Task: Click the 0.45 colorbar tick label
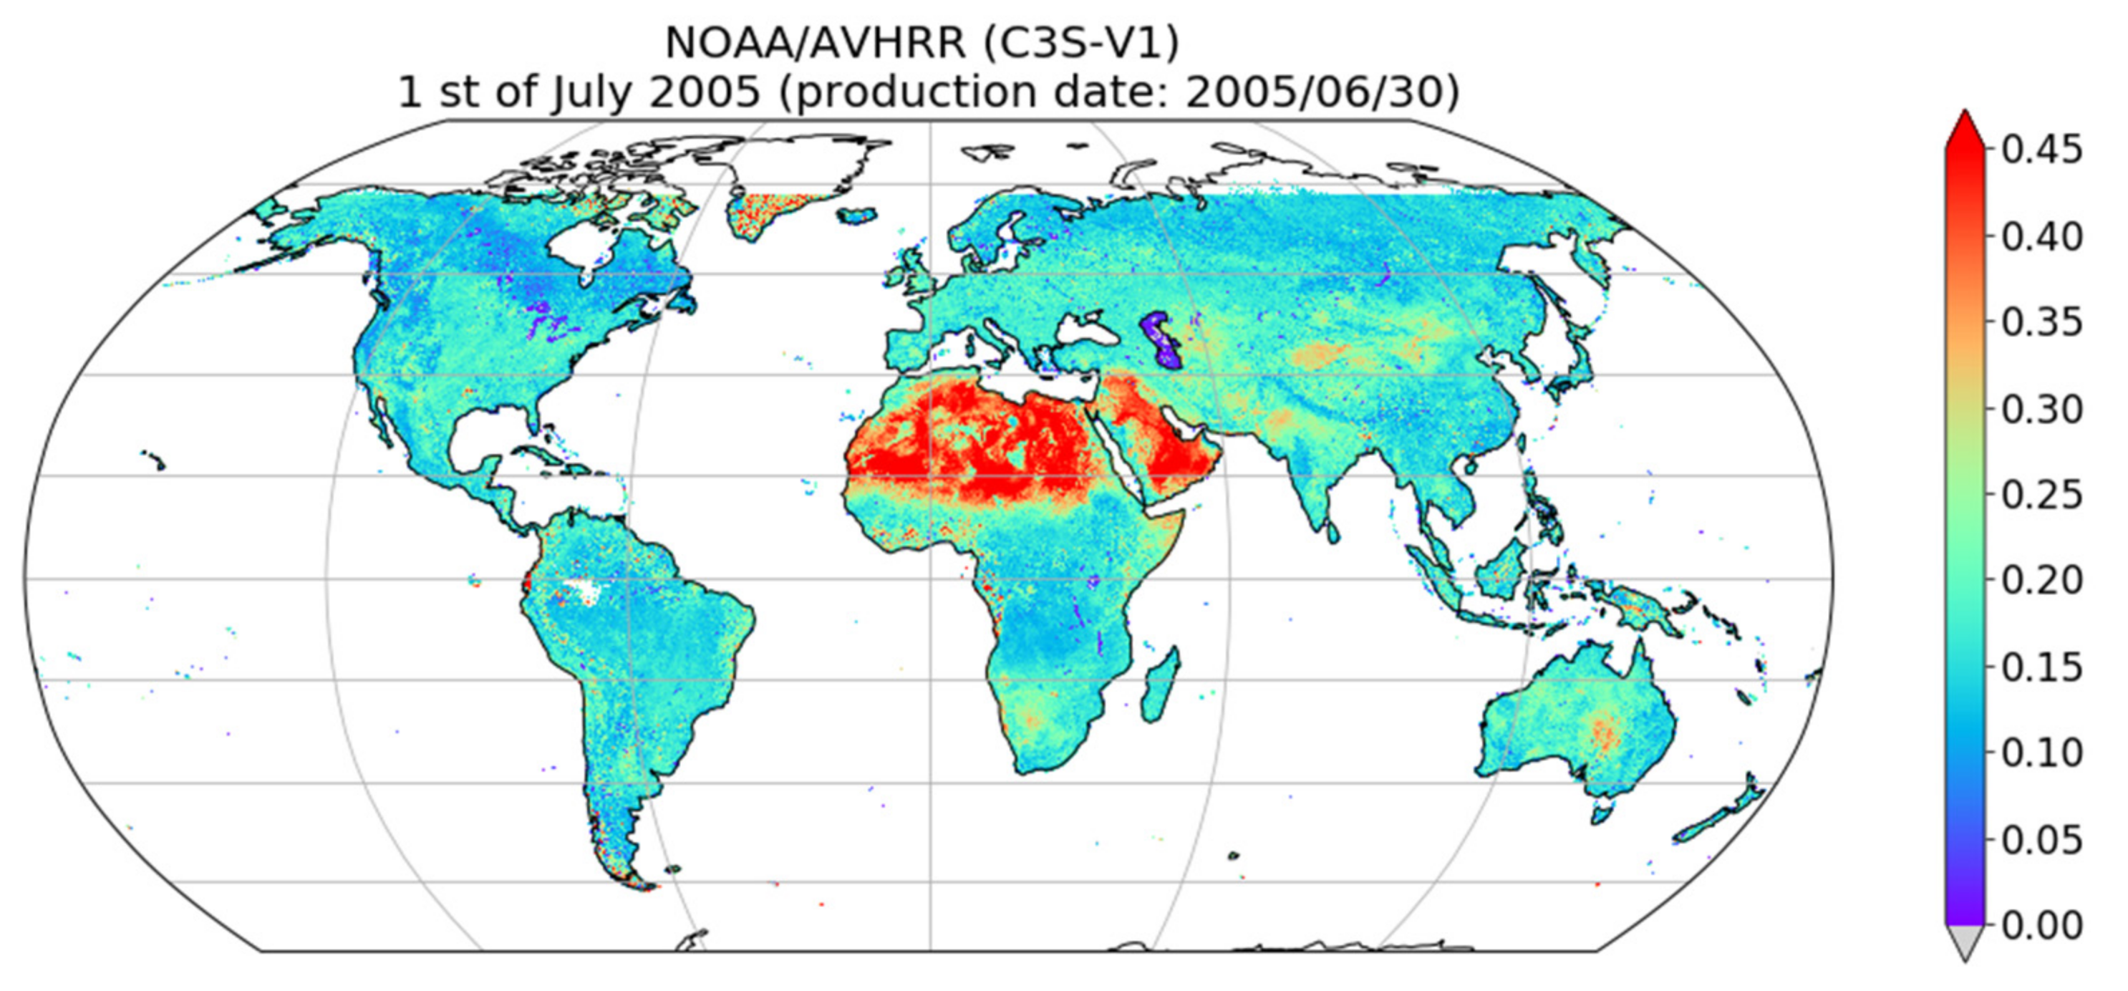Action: click(2041, 151)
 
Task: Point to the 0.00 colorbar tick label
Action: click(2041, 926)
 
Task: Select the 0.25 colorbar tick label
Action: click(2041, 495)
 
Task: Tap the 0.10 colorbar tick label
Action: click(2041, 753)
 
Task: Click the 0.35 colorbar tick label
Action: click(2041, 323)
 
